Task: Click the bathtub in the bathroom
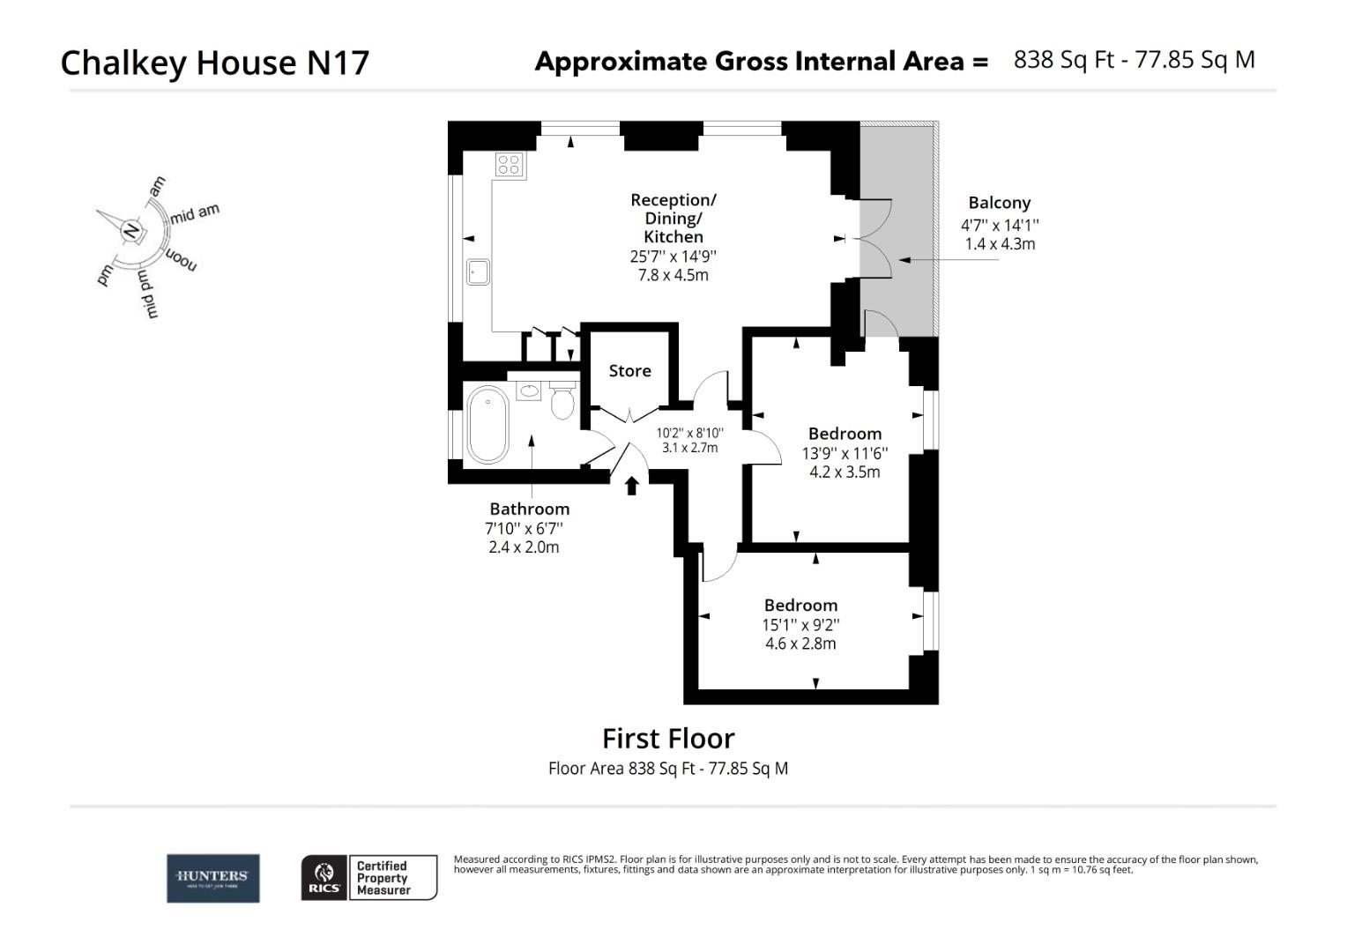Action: click(487, 425)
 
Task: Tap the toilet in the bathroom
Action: click(562, 402)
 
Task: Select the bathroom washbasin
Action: click(529, 390)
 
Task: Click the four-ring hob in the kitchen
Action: click(510, 165)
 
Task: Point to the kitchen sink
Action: click(478, 271)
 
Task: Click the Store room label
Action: click(629, 371)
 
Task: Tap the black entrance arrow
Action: click(631, 486)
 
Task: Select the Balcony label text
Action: click(999, 203)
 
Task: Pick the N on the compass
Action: click(131, 231)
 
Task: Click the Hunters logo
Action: click(212, 878)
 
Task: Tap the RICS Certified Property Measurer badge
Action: click(368, 878)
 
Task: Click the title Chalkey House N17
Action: click(214, 63)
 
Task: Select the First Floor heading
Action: click(667, 738)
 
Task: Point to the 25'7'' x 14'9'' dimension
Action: click(673, 257)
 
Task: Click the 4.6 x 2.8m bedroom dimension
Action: click(800, 643)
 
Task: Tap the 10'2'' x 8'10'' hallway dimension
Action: click(689, 433)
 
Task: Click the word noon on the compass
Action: click(181, 259)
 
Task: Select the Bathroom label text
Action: click(529, 509)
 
